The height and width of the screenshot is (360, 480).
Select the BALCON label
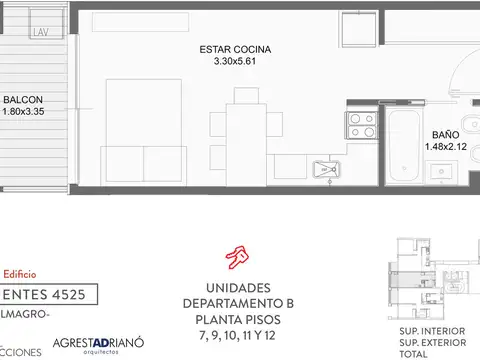pos(22,100)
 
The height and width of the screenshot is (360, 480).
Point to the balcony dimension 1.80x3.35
pos(26,112)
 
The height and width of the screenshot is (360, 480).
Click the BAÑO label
pos(445,133)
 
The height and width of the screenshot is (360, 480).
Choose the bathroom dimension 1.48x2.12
pos(445,146)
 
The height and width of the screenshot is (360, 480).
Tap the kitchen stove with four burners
pos(360,127)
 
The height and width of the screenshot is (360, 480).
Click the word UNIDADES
pos(237,286)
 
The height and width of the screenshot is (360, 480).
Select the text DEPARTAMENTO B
pos(237,302)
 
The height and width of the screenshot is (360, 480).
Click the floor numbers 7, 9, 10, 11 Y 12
pos(237,334)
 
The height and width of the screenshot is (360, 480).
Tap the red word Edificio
pos(20,272)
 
